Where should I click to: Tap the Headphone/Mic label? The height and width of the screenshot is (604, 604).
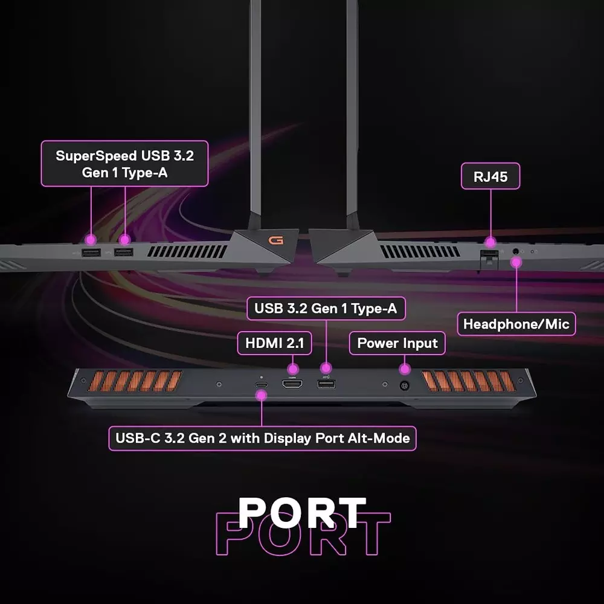pos(516,324)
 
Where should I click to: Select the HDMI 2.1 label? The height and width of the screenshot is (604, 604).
pos(274,344)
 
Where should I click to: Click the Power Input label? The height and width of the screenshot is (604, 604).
pos(397,344)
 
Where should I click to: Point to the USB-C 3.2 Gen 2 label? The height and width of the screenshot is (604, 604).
pos(262,438)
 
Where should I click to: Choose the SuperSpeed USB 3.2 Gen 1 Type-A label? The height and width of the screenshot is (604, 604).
pos(124,164)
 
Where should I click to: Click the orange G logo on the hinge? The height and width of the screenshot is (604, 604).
pos(276,240)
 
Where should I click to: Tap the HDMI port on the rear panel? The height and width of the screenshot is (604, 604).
pos(292,384)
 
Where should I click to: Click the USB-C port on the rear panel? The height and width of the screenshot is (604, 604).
pos(261,384)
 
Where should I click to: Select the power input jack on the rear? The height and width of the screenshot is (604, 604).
pos(405,385)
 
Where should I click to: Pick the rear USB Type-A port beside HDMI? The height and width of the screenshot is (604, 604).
pos(326,384)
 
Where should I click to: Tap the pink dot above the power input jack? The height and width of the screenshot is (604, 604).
pos(405,367)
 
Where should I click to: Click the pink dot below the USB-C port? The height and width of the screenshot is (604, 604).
pos(262,396)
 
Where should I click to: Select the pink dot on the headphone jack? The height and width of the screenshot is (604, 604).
pos(516,262)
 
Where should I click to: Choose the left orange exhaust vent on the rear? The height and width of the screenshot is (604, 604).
pos(135,381)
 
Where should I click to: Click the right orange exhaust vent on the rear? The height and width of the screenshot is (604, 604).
pos(469,381)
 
